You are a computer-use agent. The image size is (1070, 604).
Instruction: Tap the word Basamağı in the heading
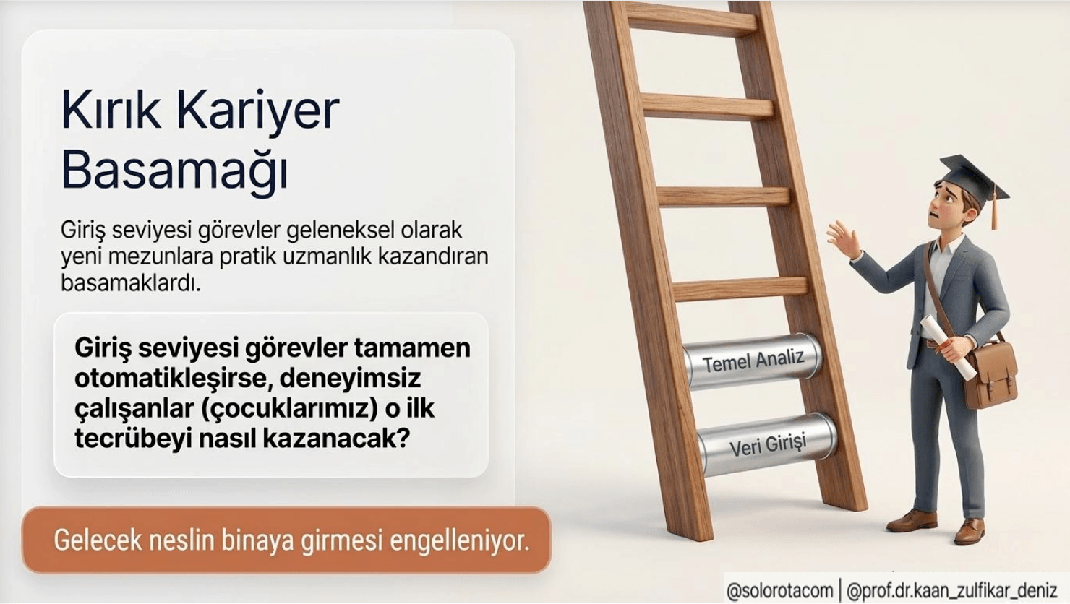coord(174,171)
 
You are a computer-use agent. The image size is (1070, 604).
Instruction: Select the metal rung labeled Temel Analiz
coord(753,360)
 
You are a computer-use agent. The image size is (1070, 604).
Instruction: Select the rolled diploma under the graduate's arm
coord(947,342)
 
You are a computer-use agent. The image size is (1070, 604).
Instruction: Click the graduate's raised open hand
coord(842,239)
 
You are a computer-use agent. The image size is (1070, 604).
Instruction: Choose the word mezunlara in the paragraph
coord(168,256)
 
